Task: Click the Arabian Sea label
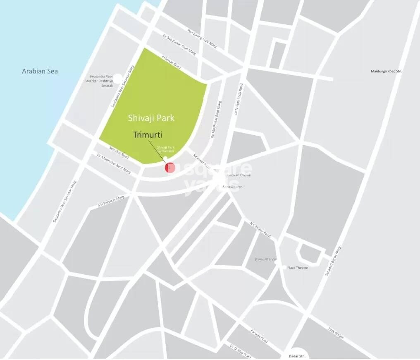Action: (40, 71)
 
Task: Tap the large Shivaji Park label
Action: (151, 118)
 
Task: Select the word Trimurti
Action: (148, 134)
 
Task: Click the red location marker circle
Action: (170, 168)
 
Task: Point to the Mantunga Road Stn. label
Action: (386, 71)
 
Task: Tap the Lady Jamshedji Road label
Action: (239, 98)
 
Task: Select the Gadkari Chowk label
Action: (239, 175)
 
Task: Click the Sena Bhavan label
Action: (232, 187)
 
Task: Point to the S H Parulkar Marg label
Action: (111, 201)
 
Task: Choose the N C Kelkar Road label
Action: (260, 229)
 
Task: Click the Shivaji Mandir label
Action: (265, 259)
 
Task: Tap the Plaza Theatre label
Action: (298, 268)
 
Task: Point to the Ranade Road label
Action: (259, 336)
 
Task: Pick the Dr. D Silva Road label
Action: (240, 351)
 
